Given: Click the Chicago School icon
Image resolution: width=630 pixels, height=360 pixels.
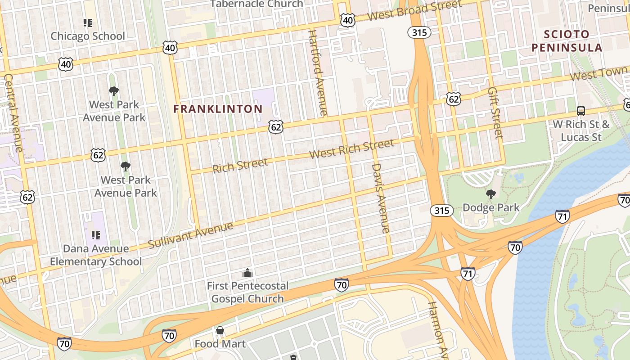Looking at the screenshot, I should pyautogui.click(x=88, y=22).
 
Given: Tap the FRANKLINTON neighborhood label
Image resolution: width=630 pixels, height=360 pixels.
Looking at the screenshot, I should pyautogui.click(x=218, y=109).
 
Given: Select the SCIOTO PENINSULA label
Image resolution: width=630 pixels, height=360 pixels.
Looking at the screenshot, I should pyautogui.click(x=567, y=41).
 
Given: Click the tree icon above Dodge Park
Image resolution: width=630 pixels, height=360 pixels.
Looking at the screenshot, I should pyautogui.click(x=490, y=194).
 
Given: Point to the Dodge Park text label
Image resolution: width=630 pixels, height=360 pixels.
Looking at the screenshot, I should pyautogui.click(x=490, y=207).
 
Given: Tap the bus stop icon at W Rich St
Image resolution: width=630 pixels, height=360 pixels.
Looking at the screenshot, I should pyautogui.click(x=581, y=111).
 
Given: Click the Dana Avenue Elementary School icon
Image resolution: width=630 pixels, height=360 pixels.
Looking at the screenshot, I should pyautogui.click(x=95, y=235).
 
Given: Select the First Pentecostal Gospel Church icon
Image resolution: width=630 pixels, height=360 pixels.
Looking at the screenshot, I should pyautogui.click(x=247, y=273).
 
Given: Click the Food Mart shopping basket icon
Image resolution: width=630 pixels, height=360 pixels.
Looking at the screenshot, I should pyautogui.click(x=220, y=331).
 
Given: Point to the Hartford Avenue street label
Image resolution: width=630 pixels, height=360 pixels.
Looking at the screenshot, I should pyautogui.click(x=318, y=72).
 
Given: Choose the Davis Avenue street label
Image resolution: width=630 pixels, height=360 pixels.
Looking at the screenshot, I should pyautogui.click(x=380, y=198).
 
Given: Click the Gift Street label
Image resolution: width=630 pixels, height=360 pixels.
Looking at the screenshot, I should pyautogui.click(x=494, y=112).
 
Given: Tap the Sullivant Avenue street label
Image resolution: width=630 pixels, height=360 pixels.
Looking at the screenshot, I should pyautogui.click(x=190, y=234).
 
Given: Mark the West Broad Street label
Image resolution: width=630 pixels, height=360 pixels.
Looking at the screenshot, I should pyautogui.click(x=414, y=11).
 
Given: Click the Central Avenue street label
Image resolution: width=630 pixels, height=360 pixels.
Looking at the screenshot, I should pyautogui.click(x=13, y=112).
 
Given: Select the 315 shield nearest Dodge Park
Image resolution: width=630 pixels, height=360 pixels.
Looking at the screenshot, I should pyautogui.click(x=441, y=211).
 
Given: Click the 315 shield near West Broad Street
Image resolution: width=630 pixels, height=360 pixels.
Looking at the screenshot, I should pyautogui.click(x=419, y=32).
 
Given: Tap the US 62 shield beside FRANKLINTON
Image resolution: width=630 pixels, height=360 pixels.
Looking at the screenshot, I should pyautogui.click(x=276, y=127).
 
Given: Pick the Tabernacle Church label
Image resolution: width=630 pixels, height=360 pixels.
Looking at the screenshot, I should pyautogui.click(x=257, y=4).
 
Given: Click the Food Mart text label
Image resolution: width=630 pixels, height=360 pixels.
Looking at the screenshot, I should pyautogui.click(x=220, y=344).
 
